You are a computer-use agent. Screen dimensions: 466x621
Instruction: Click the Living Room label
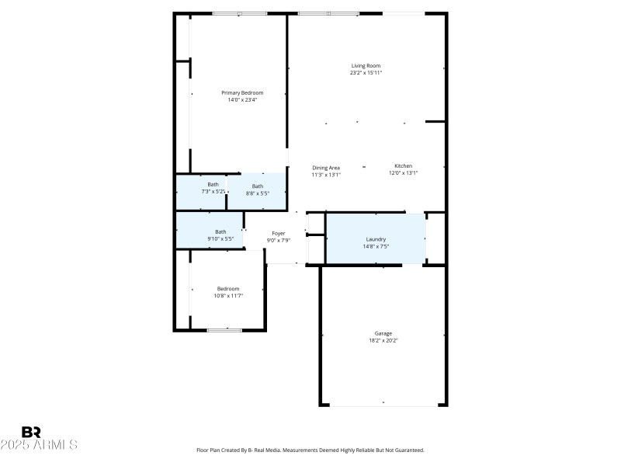click(366, 66)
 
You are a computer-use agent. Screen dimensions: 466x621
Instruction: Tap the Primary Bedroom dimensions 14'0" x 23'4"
click(242, 99)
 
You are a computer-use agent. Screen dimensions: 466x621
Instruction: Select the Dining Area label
click(326, 168)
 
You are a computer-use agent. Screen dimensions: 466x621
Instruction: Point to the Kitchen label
click(403, 166)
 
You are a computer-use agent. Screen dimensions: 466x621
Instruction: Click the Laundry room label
click(376, 239)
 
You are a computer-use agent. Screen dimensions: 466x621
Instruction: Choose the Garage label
click(383, 333)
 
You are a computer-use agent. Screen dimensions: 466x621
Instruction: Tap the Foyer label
click(278, 233)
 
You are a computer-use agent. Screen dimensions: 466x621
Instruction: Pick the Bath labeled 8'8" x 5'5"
click(257, 186)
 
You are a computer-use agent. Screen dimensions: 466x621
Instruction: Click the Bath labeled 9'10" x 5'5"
click(220, 231)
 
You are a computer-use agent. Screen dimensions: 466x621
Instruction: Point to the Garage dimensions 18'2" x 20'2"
click(383, 340)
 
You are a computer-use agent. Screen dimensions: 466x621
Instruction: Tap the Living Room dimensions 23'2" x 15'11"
click(366, 73)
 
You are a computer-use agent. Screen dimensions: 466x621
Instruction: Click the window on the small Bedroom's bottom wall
click(224, 330)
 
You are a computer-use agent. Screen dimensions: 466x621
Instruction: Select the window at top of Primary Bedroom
click(240, 13)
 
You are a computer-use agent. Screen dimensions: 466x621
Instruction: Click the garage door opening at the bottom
click(383, 405)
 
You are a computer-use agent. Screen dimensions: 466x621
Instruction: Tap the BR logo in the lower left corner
click(31, 432)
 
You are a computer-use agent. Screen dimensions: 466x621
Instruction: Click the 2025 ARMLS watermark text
click(39, 445)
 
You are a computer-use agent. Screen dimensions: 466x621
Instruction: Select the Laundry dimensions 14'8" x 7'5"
click(376, 246)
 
